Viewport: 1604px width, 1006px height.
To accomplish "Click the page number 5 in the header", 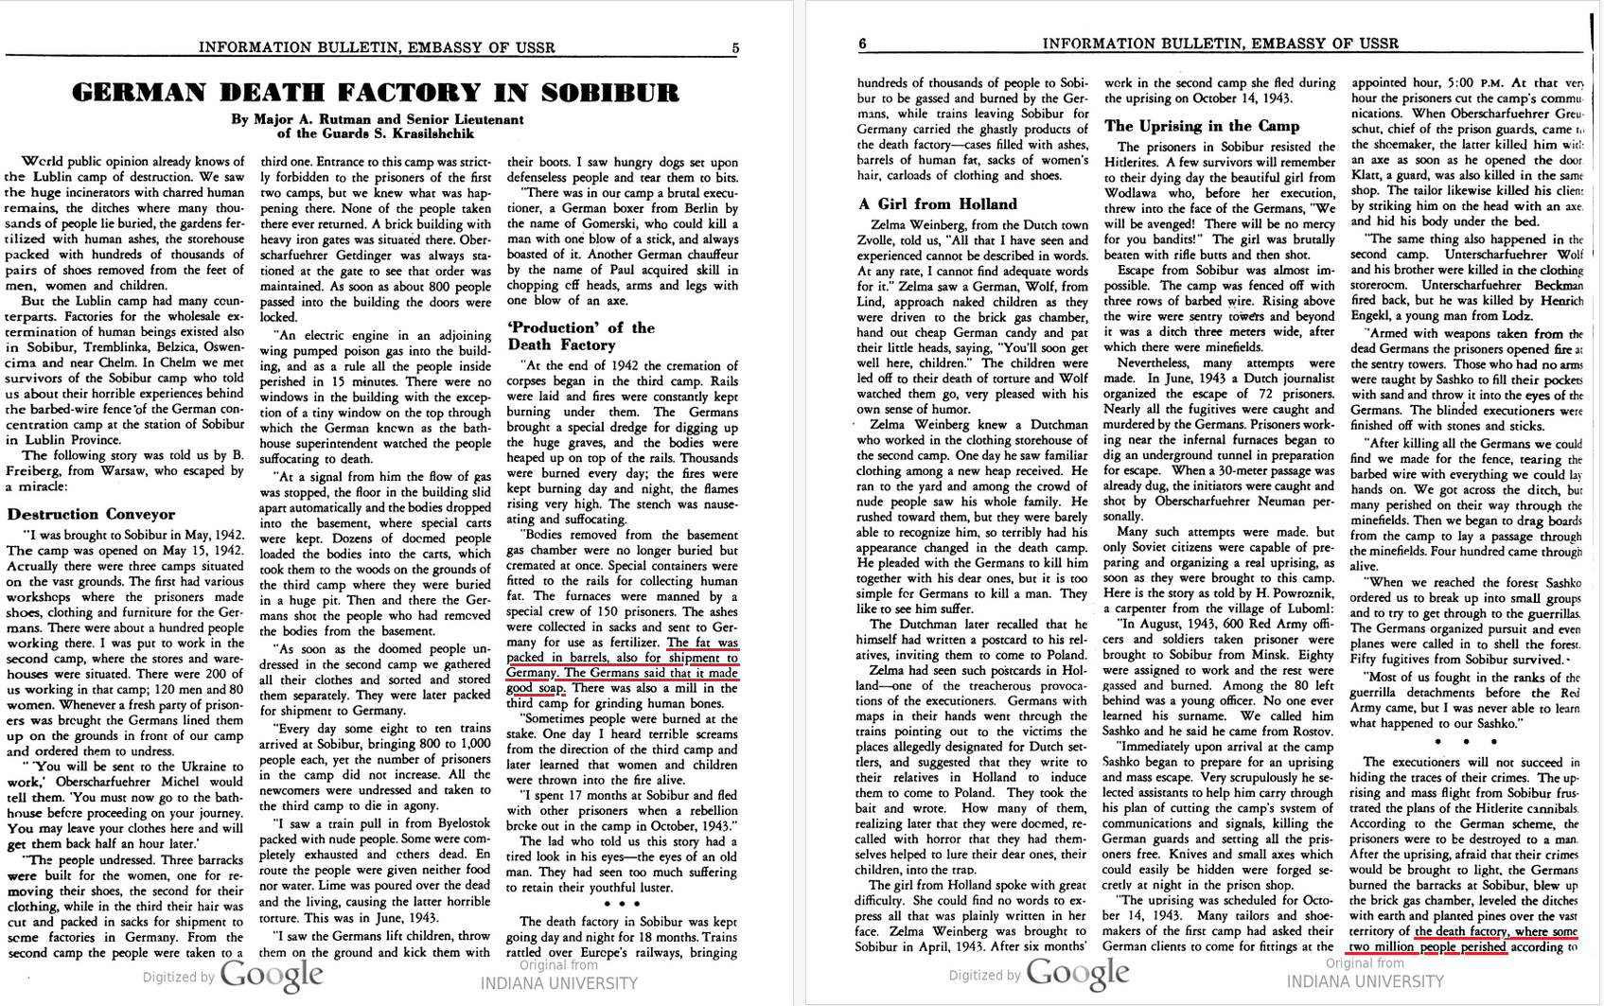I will tap(735, 48).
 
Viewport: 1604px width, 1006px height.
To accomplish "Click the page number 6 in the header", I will tap(862, 44).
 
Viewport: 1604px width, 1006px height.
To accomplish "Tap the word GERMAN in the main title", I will tap(137, 93).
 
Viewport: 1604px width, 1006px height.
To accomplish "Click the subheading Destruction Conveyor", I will tap(91, 514).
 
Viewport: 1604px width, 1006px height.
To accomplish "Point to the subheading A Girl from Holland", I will tap(938, 203).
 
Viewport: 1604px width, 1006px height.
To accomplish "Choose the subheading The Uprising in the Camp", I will tap(1202, 126).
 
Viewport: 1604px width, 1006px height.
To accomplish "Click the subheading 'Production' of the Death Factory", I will tap(581, 336).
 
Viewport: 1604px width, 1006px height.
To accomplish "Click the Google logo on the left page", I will tap(272, 974).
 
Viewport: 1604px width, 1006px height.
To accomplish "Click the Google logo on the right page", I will tap(1078, 972).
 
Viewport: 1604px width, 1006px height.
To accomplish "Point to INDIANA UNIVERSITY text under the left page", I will tap(558, 983).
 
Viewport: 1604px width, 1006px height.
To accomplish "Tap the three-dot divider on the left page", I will tap(622, 904).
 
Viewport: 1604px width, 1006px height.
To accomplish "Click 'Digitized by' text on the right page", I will tap(984, 975).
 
